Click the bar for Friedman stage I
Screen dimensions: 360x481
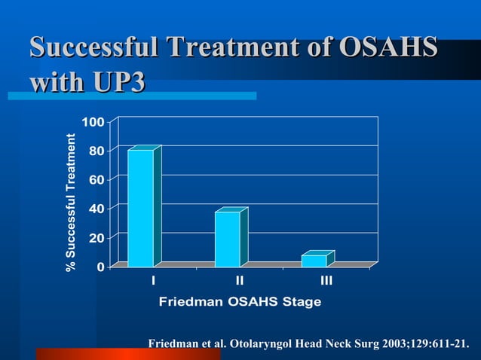tap(141, 208)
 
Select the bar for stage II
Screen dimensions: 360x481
tap(228, 239)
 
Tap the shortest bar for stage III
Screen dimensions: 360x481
tap(314, 261)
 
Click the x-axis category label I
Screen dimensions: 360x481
tap(153, 281)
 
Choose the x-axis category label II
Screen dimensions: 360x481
tap(240, 281)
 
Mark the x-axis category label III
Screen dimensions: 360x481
tap(326, 281)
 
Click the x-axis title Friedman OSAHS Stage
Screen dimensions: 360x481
tap(240, 302)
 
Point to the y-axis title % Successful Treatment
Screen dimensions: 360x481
tap(71, 202)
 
